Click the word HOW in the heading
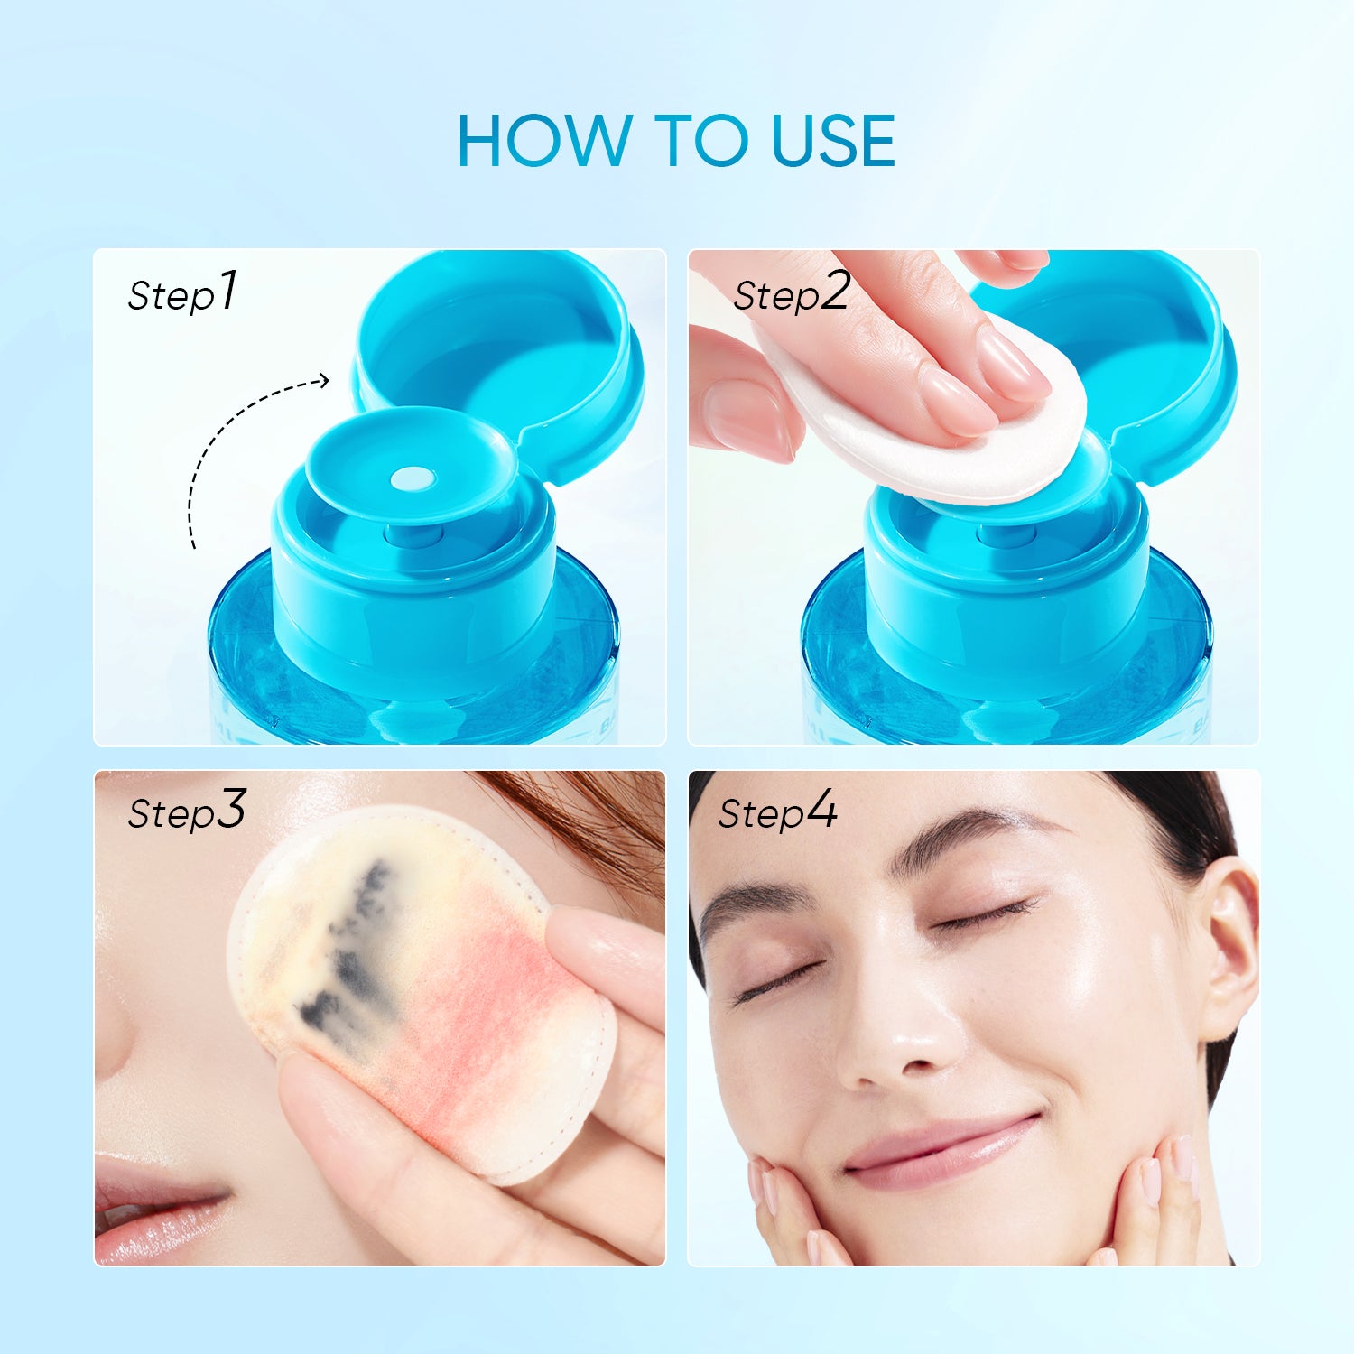pyautogui.click(x=544, y=141)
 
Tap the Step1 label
pyautogui.click(x=182, y=292)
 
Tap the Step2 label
pyautogui.click(x=792, y=292)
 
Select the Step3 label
pyautogui.click(x=186, y=811)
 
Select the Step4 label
pyautogui.click(x=777, y=811)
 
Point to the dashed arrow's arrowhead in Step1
pyautogui.click(x=323, y=382)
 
